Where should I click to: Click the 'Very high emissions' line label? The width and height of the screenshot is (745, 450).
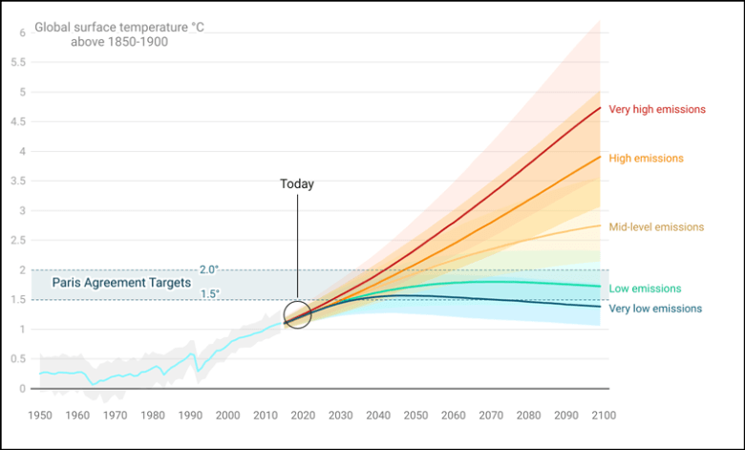pyautogui.click(x=656, y=110)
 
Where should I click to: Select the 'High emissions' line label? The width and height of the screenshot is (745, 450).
pyautogui.click(x=646, y=159)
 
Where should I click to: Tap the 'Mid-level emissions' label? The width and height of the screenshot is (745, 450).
pyautogui.click(x=655, y=227)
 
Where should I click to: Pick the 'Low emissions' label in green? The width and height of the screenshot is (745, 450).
pyautogui.click(x=645, y=289)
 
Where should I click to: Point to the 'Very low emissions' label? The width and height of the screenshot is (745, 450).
pyautogui.click(x=654, y=309)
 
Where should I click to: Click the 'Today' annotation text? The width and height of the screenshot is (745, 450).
pyautogui.click(x=297, y=184)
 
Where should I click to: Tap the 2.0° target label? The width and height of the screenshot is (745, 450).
pyautogui.click(x=209, y=269)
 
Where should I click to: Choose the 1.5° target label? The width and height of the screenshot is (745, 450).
pyautogui.click(x=209, y=293)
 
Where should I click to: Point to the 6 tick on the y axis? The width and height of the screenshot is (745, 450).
pyautogui.click(x=22, y=33)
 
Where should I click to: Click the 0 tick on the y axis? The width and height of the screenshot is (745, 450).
pyautogui.click(x=22, y=389)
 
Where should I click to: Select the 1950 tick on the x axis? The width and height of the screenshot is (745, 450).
pyautogui.click(x=40, y=416)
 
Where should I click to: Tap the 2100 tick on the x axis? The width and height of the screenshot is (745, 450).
pyautogui.click(x=603, y=416)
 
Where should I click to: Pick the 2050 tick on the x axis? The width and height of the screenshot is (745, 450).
pyautogui.click(x=415, y=416)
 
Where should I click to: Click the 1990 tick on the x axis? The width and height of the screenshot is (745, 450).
pyautogui.click(x=190, y=416)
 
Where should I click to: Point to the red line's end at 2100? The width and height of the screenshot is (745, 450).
pyautogui.click(x=599, y=108)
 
